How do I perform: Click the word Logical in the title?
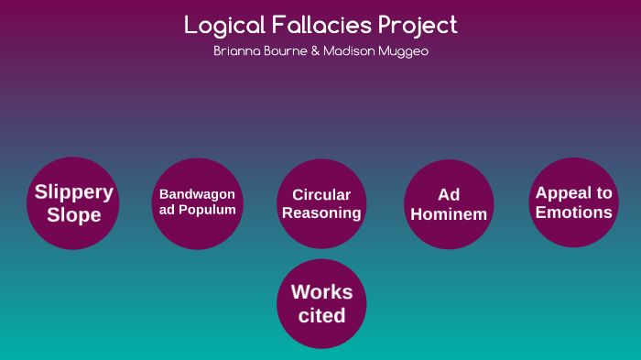(221, 25)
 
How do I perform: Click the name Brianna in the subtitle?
(235, 51)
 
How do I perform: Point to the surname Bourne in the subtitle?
(289, 51)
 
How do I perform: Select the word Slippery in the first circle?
(73, 192)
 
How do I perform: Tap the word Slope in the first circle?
(73, 216)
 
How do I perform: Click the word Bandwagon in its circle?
(197, 194)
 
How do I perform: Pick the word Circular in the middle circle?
(321, 194)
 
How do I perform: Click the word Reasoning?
(321, 213)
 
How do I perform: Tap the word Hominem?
(449, 214)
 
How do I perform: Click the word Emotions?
(574, 213)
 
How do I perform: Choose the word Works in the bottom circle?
(321, 292)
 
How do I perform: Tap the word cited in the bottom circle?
(321, 316)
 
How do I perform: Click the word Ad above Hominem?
(449, 194)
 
